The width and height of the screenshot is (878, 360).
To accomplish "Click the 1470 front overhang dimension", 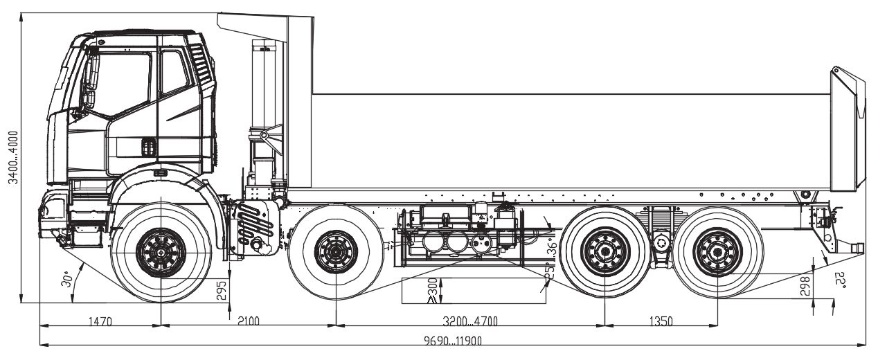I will pyautogui.click(x=100, y=321).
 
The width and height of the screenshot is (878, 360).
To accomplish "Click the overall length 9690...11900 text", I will pyautogui.click(x=453, y=341).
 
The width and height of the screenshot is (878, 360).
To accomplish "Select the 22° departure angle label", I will pyautogui.click(x=841, y=280).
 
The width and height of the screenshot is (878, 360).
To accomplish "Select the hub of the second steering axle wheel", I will pyautogui.click(x=337, y=252).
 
